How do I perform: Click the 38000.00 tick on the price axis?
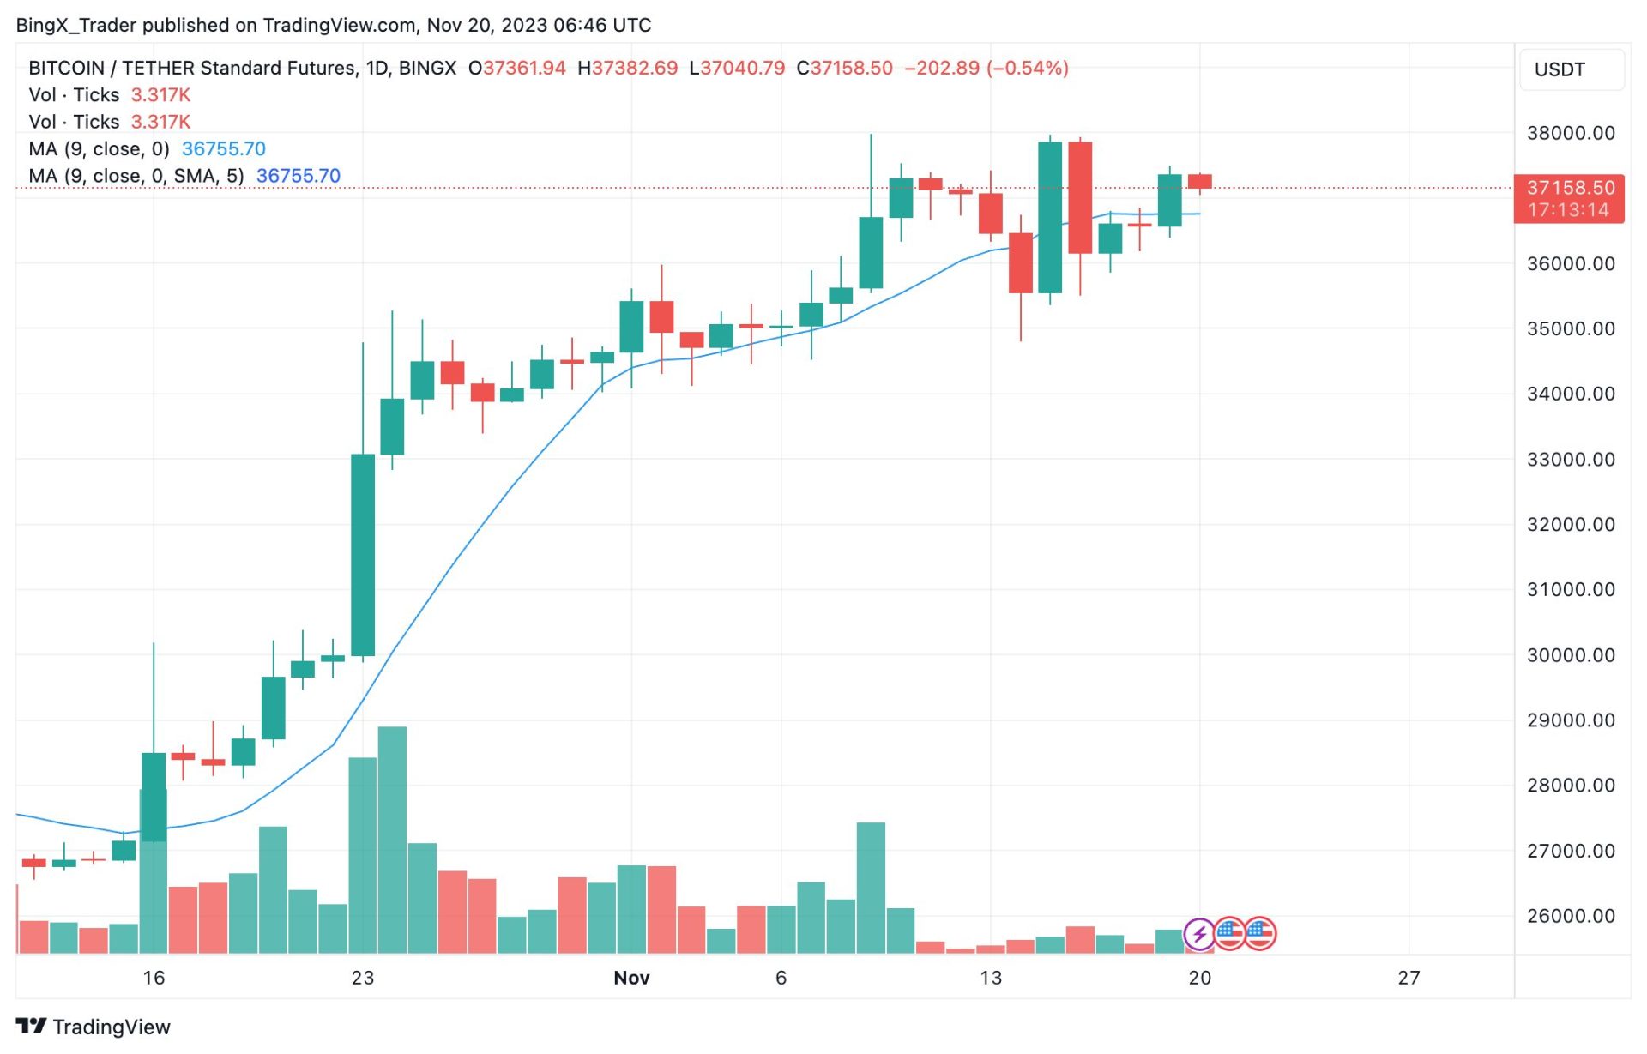(1570, 133)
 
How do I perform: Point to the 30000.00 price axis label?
(1570, 655)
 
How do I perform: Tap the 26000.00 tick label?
(1570, 916)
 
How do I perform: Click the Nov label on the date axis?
(631, 978)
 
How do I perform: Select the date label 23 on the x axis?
(363, 978)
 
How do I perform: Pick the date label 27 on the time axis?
(1409, 978)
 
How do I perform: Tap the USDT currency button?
(1560, 69)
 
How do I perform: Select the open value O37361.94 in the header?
(516, 68)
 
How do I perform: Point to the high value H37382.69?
(627, 68)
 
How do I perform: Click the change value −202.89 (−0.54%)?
(986, 68)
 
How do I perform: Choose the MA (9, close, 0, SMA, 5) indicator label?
(136, 176)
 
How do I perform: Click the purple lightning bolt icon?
(1198, 933)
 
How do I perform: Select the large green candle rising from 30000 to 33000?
(363, 555)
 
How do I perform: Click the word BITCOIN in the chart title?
(66, 68)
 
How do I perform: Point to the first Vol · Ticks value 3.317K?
(160, 94)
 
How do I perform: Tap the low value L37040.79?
(737, 68)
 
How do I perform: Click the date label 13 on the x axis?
(990, 978)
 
